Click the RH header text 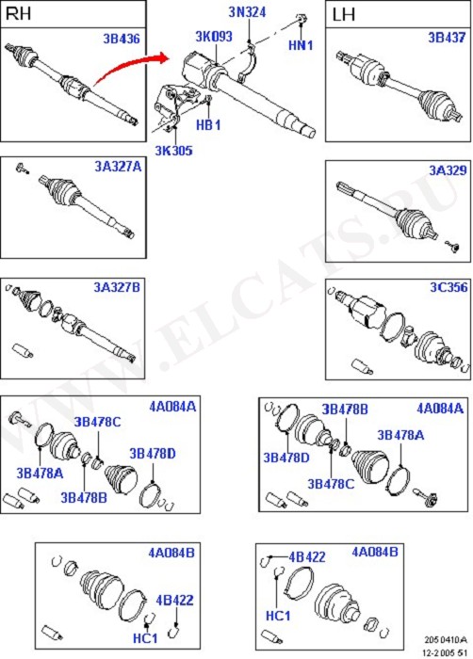(x=19, y=14)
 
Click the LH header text (x=343, y=15)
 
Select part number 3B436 (x=122, y=39)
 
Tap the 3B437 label (x=447, y=38)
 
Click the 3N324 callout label (x=248, y=11)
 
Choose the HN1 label (x=301, y=45)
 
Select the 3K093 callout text (x=214, y=37)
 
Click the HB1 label (x=208, y=125)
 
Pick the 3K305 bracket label (x=173, y=151)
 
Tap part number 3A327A (x=118, y=167)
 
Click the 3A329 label (x=448, y=170)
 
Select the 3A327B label (x=117, y=287)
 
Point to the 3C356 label (x=449, y=287)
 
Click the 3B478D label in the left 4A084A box (x=153, y=454)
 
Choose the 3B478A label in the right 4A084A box (x=400, y=435)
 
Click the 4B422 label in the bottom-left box (x=174, y=601)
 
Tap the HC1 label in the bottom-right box (x=278, y=616)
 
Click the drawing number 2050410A (x=446, y=640)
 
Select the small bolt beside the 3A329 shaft (x=453, y=247)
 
